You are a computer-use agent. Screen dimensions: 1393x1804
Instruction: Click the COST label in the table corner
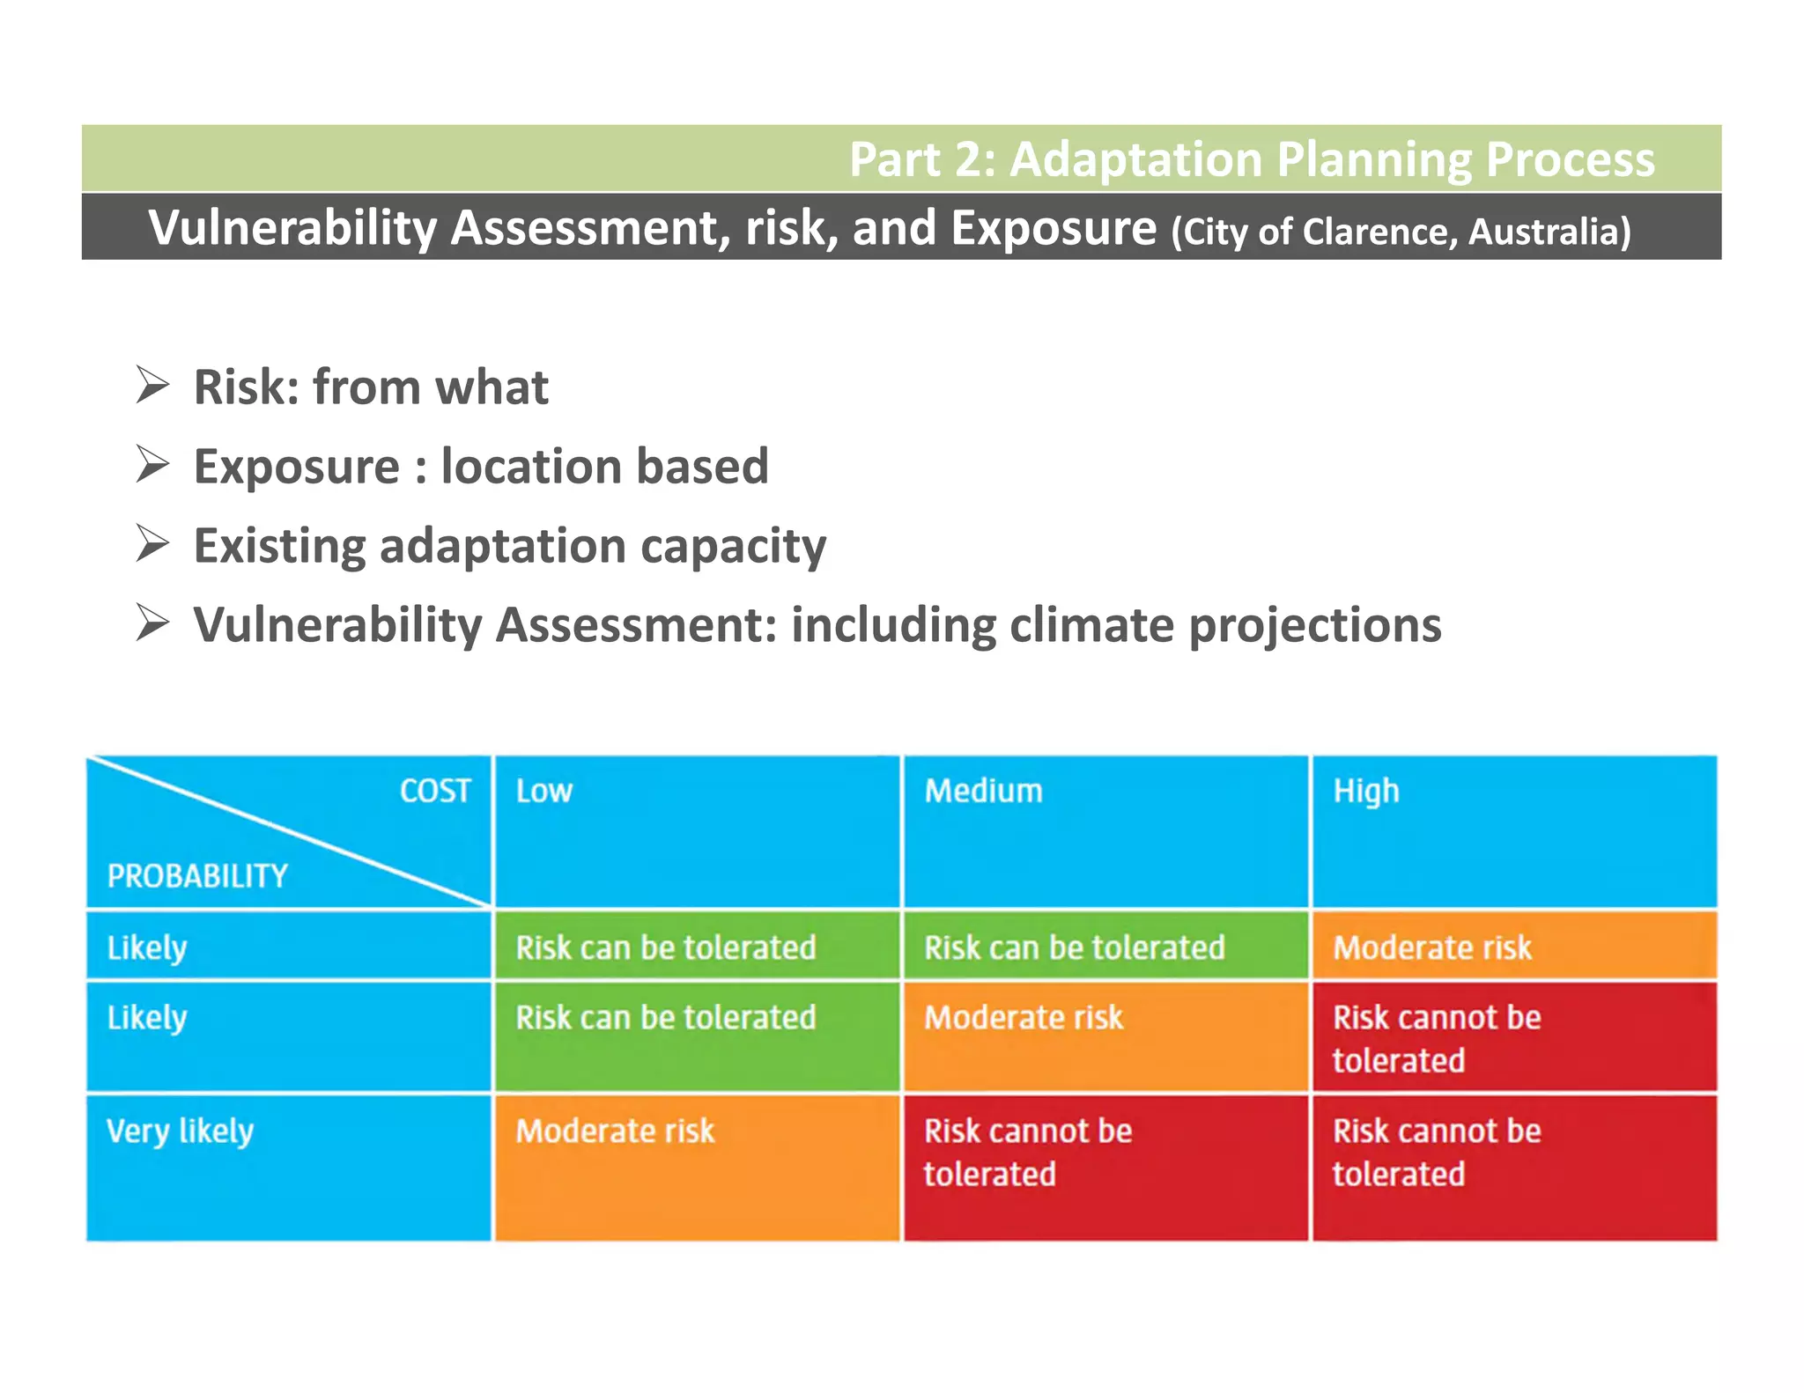[x=435, y=791]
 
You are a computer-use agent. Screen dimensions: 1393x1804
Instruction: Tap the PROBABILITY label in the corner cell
[x=197, y=876]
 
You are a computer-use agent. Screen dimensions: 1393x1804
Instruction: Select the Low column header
[x=543, y=791]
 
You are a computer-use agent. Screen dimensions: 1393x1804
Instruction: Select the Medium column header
[x=983, y=791]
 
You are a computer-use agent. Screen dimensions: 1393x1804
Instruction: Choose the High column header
[x=1365, y=791]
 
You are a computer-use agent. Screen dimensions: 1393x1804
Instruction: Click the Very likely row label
[x=180, y=1131]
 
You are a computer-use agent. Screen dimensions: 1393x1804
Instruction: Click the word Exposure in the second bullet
[x=296, y=467]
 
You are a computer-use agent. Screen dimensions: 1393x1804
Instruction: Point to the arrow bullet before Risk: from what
[x=152, y=386]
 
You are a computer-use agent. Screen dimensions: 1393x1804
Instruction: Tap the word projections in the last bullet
[x=1314, y=626]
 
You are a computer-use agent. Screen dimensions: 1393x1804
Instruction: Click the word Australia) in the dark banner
[x=1549, y=232]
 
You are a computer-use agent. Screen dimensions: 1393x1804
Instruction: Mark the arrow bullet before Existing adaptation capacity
[x=152, y=544]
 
